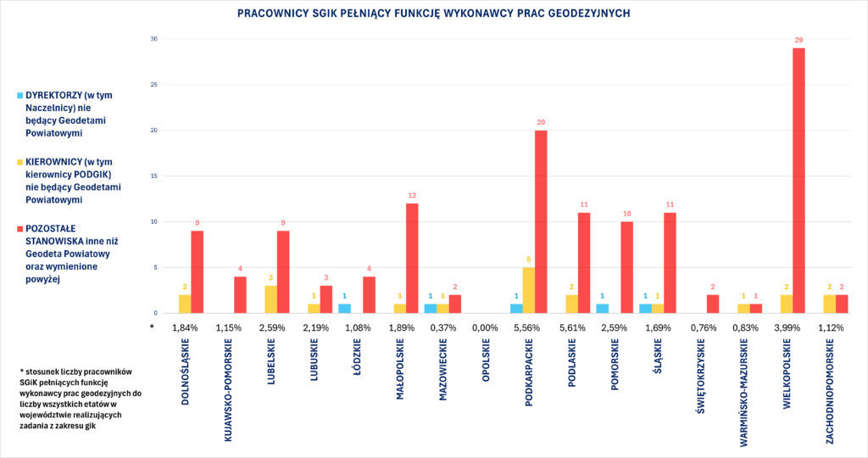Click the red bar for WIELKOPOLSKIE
pos(798,181)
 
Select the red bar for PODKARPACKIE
pos(541,222)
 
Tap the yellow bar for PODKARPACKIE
pos(529,290)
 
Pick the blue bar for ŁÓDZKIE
pos(344,309)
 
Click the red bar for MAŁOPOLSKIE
pos(412,259)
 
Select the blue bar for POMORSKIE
pos(602,309)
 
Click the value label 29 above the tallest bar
pos(798,40)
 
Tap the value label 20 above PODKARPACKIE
pos(541,122)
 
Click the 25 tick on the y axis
pos(153,85)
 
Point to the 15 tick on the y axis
pos(153,176)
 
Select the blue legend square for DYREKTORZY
pos(20,96)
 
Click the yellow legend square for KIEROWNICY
pos(20,162)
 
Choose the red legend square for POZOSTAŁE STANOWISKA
pos(20,228)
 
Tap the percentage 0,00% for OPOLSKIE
pos(486,327)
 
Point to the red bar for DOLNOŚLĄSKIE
pos(198,272)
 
